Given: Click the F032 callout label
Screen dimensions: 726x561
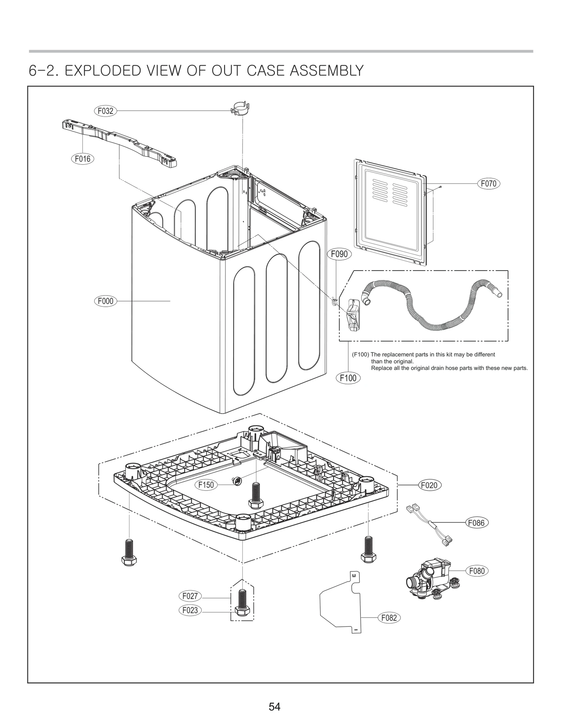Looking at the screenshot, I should click(x=105, y=111).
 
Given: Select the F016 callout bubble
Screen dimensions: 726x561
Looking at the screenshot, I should click(x=83, y=159).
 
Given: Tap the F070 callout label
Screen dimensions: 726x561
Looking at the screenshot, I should click(x=488, y=183).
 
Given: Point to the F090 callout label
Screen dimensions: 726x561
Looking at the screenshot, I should click(x=339, y=254).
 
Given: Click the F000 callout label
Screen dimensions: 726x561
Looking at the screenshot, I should click(x=105, y=301).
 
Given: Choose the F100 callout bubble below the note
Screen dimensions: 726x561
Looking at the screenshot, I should click(x=348, y=378).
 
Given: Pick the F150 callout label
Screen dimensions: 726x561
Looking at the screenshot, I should click(x=206, y=485).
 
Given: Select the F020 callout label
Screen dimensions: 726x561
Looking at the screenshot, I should click(x=430, y=485).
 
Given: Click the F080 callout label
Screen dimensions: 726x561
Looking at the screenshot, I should click(x=477, y=571).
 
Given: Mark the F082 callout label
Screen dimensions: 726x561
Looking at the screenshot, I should click(x=389, y=618).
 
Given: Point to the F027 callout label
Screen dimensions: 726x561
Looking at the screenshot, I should click(x=190, y=596).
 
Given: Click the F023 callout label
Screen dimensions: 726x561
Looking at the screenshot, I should click(x=190, y=610).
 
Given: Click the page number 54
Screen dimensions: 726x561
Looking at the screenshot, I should click(x=275, y=707).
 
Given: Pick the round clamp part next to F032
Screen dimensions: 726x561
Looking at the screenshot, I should click(x=241, y=108).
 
